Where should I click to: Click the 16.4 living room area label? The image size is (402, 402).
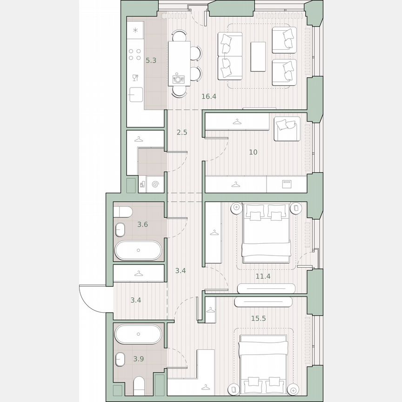coord(209,97)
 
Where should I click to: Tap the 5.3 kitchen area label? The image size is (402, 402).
coord(150,60)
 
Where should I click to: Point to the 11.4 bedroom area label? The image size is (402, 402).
coord(263,276)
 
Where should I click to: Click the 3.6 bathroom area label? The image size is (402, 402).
coord(142,225)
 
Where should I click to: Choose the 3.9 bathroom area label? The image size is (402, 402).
coord(138,358)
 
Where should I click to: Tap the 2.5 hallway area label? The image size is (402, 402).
coord(182,132)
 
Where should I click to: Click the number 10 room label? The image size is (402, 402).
coord(253,152)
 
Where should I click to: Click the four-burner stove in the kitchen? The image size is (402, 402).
coord(135,54)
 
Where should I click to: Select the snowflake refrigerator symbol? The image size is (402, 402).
coord(135,31)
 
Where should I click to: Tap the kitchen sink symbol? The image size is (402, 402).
coord(136,94)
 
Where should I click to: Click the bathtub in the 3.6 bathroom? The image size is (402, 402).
coord(138,250)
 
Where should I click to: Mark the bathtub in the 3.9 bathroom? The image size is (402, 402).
coord(138,334)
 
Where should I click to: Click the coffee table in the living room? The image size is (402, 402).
coord(258,56)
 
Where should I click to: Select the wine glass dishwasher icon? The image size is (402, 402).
coord(135,77)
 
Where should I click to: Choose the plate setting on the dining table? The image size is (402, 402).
coord(179,79)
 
